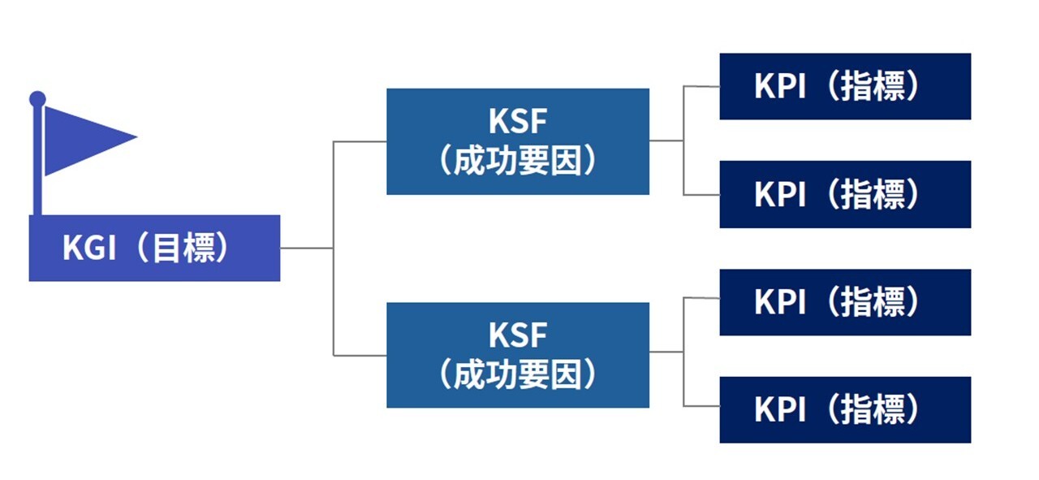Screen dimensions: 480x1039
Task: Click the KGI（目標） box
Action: point(154,248)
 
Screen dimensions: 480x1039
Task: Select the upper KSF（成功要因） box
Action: point(517,141)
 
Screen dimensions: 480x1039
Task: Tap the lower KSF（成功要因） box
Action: point(517,355)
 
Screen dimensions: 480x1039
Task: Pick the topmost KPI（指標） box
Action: point(844,86)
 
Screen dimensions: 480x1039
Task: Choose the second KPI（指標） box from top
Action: point(844,194)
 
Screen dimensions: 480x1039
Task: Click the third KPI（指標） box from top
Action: point(844,302)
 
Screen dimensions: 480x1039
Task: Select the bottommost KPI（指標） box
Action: point(844,409)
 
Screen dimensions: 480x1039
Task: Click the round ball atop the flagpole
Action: point(37,99)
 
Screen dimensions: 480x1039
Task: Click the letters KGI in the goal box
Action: point(89,249)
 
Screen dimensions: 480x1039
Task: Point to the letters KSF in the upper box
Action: point(517,123)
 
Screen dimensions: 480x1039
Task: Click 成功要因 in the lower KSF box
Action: point(517,375)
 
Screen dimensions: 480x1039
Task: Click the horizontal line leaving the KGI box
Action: point(306,248)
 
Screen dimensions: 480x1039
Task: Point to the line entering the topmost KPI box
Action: point(701,86)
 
